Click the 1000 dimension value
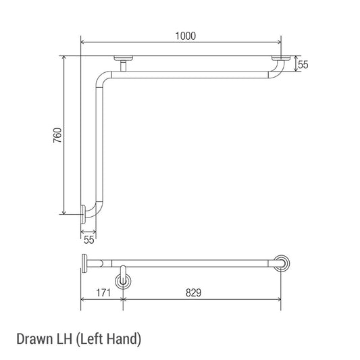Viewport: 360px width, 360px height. pyautogui.click(x=184, y=36)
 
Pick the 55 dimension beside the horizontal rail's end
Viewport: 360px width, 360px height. pyautogui.click(x=303, y=65)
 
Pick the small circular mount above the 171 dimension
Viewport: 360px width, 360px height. pyautogui.click(x=123, y=279)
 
